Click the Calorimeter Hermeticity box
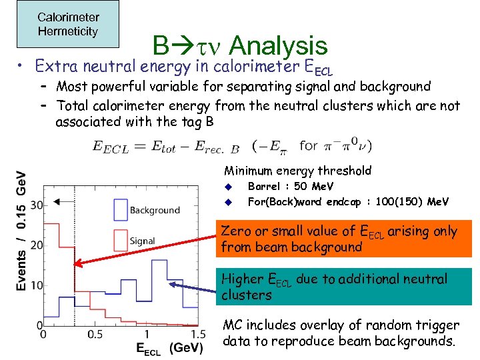68,25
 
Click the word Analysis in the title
279,46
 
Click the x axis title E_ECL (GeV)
169,347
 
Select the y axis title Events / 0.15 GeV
21,230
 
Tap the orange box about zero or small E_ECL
346,239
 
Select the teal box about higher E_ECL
346,287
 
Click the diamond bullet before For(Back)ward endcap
227,201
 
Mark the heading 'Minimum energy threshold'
297,171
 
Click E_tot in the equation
164,147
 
